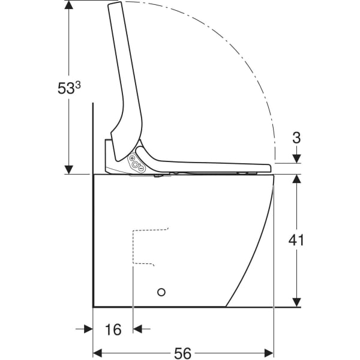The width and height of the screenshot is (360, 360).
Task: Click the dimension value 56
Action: coord(183,353)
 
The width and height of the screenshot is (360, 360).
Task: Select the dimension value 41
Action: coord(296,241)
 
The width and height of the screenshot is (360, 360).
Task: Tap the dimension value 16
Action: coord(113,329)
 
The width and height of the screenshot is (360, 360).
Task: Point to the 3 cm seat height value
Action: coord(296,138)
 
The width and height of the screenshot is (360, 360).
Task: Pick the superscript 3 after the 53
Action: coord(78,85)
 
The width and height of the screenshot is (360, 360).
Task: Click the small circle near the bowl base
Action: coord(161,292)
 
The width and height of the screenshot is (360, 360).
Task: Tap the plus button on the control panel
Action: coord(132,158)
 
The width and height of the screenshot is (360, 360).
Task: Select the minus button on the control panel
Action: coord(141,169)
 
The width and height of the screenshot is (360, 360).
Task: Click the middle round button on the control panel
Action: coord(136,164)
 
